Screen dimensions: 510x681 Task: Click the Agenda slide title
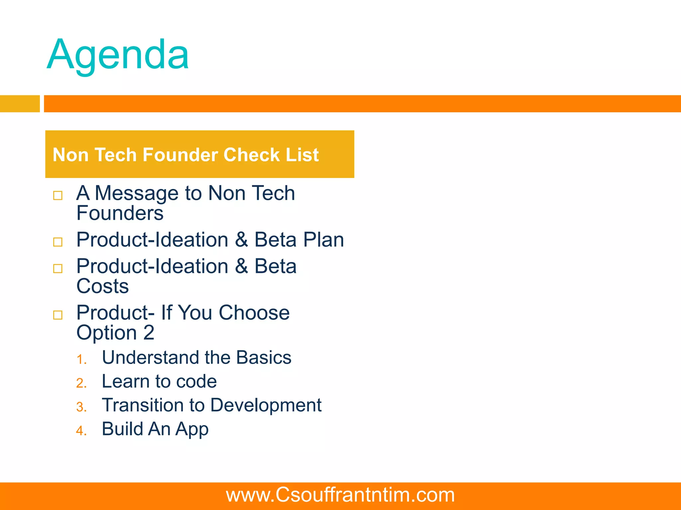pos(118,55)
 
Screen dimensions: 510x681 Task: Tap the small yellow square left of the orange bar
pos(20,104)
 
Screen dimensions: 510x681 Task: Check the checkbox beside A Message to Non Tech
pos(58,195)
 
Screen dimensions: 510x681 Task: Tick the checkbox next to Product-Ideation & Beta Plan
pos(58,242)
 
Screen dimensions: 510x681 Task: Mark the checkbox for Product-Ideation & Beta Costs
pos(58,268)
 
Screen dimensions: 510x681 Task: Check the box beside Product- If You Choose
pos(58,315)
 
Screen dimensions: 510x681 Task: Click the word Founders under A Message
pos(120,213)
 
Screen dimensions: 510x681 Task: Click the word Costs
pos(102,286)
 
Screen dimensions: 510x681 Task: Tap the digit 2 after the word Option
pos(149,333)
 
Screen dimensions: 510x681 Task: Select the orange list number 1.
pos(81,360)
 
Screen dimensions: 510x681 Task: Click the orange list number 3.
pos(81,407)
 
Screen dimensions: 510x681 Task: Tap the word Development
pos(266,405)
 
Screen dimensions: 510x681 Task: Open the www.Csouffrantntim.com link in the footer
pos(340,495)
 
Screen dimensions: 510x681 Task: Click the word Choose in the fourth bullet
pos(254,313)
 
